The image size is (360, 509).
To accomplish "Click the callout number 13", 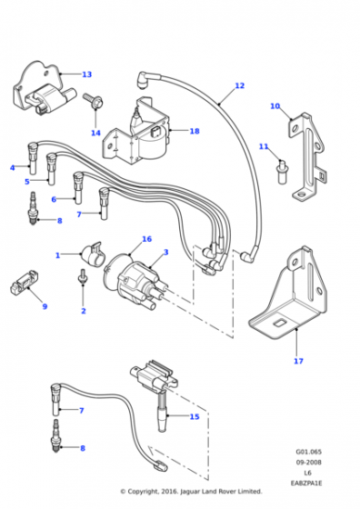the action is tap(87, 75).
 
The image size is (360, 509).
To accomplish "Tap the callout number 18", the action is tap(195, 131).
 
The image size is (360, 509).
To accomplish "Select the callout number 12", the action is tap(240, 85).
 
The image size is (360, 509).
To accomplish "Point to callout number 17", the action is tap(298, 361).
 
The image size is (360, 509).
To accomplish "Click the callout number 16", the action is tap(147, 239).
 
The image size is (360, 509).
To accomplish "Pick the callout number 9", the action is tap(45, 306).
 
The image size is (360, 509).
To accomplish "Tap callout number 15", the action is tap(195, 416).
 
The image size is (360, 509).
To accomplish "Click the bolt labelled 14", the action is tap(93, 100).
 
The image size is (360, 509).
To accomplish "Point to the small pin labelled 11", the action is tap(282, 171).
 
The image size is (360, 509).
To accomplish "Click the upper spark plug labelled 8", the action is tap(33, 208).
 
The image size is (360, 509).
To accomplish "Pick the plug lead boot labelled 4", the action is tap(33, 158).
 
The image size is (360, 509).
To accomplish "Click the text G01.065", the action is tap(308, 452).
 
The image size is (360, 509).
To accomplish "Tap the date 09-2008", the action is tap(308, 462).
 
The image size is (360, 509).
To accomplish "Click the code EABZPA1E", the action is tap(306, 483).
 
